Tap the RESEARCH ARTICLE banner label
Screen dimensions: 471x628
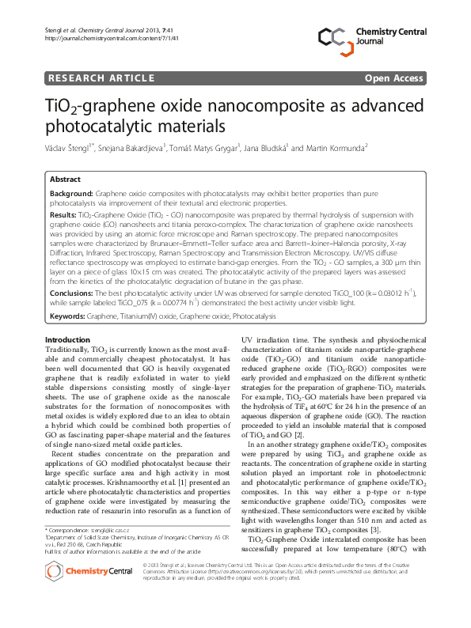pyautogui.click(x=101, y=78)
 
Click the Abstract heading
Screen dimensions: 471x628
pyautogui.click(x=66, y=180)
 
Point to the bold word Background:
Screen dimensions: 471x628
pyautogui.click(x=71, y=193)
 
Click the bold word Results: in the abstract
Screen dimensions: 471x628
pyautogui.click(x=63, y=214)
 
